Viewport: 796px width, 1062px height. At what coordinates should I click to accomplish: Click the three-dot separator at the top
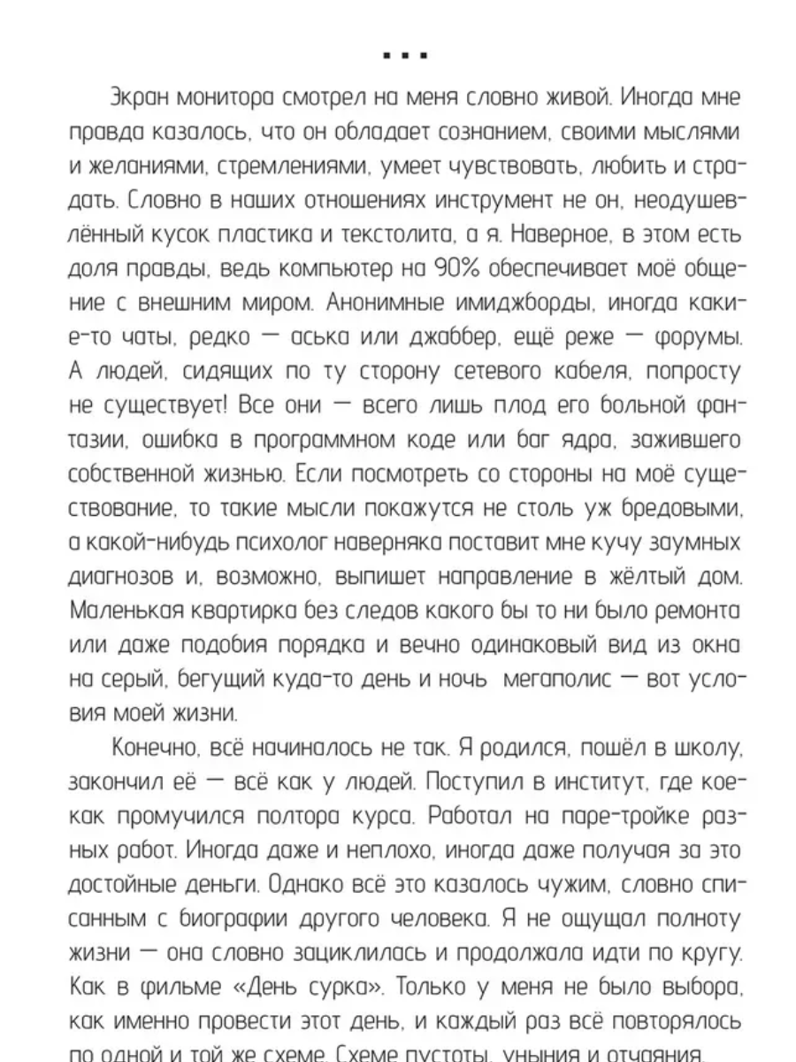coord(406,55)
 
